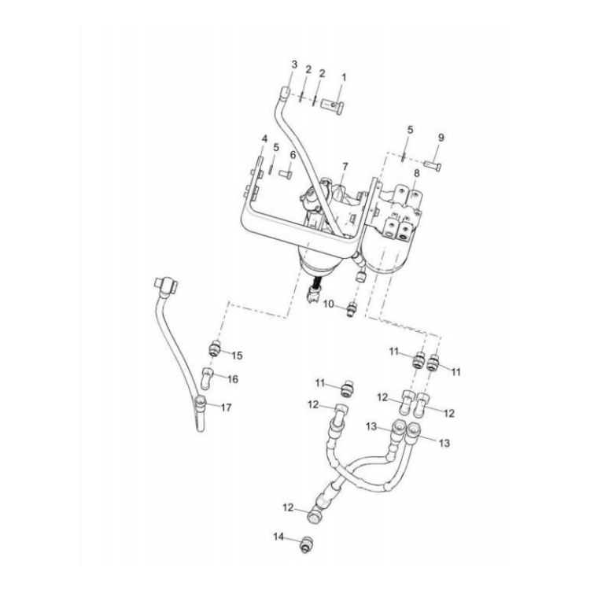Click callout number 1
pyautogui.click(x=343, y=78)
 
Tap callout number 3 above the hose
pyautogui.click(x=294, y=65)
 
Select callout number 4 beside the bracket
pyautogui.click(x=264, y=138)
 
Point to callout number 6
pyautogui.click(x=293, y=155)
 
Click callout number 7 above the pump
pyautogui.click(x=345, y=166)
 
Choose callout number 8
pyautogui.click(x=416, y=174)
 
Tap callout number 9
pyautogui.click(x=441, y=138)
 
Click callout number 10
pyautogui.click(x=329, y=304)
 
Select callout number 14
pyautogui.click(x=278, y=537)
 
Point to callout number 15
pyautogui.click(x=237, y=356)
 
